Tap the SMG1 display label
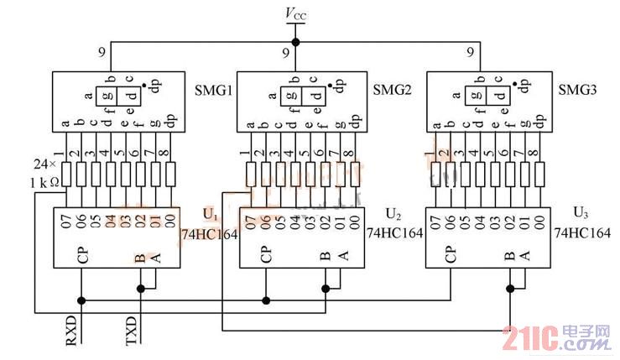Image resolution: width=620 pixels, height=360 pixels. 213,89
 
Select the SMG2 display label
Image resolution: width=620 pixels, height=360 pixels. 391,89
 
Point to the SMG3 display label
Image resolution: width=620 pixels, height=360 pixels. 576,88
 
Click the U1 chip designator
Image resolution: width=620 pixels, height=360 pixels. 210,214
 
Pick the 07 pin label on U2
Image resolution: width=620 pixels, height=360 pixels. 251,222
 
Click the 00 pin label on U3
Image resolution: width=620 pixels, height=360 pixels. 539,222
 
